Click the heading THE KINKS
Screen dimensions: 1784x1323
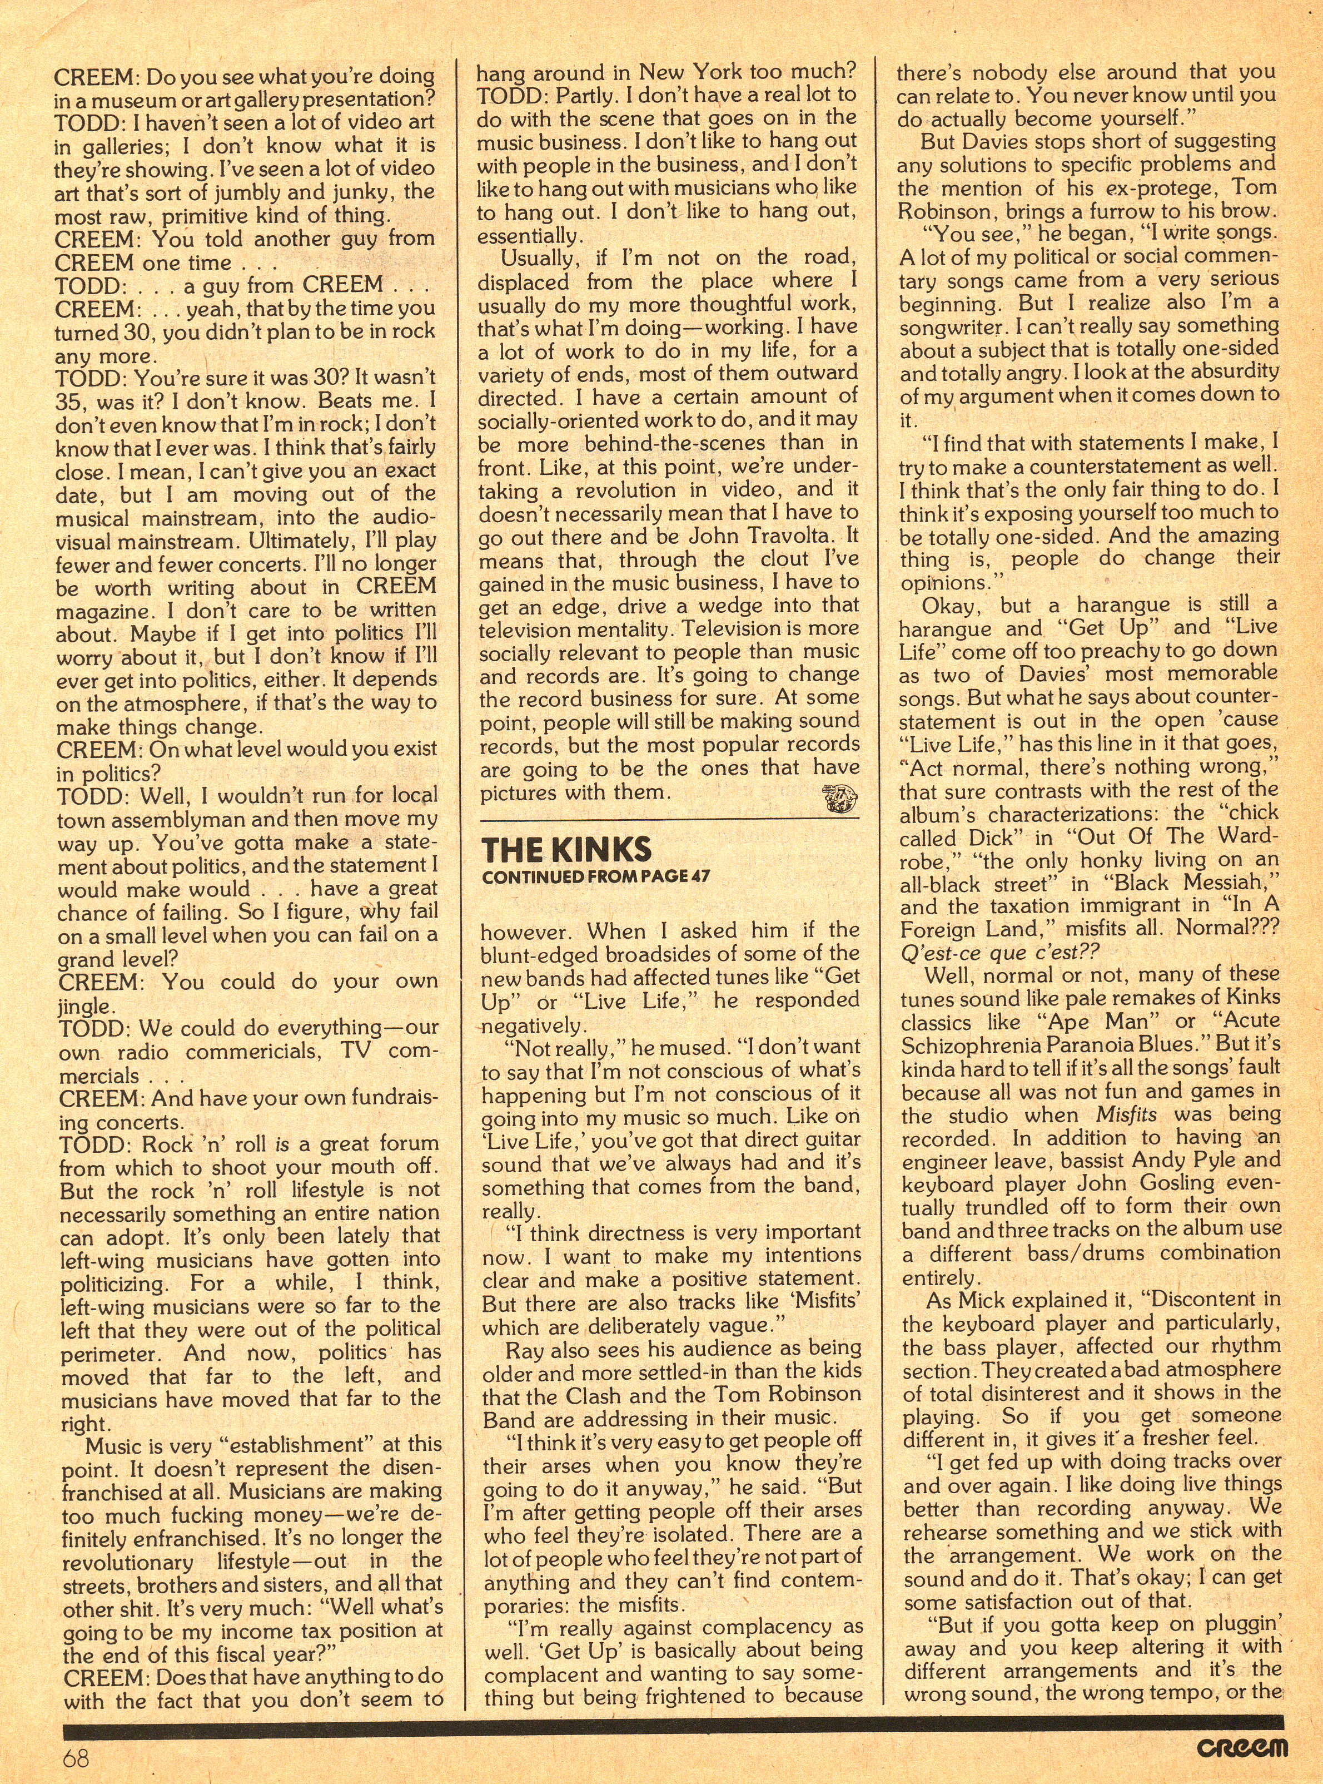coord(566,850)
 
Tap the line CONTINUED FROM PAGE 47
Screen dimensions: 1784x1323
coord(595,876)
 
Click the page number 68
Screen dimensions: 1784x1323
coord(76,1758)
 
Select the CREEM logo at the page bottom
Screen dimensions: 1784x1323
coord(1243,1746)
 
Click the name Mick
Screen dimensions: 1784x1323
coord(982,1299)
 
